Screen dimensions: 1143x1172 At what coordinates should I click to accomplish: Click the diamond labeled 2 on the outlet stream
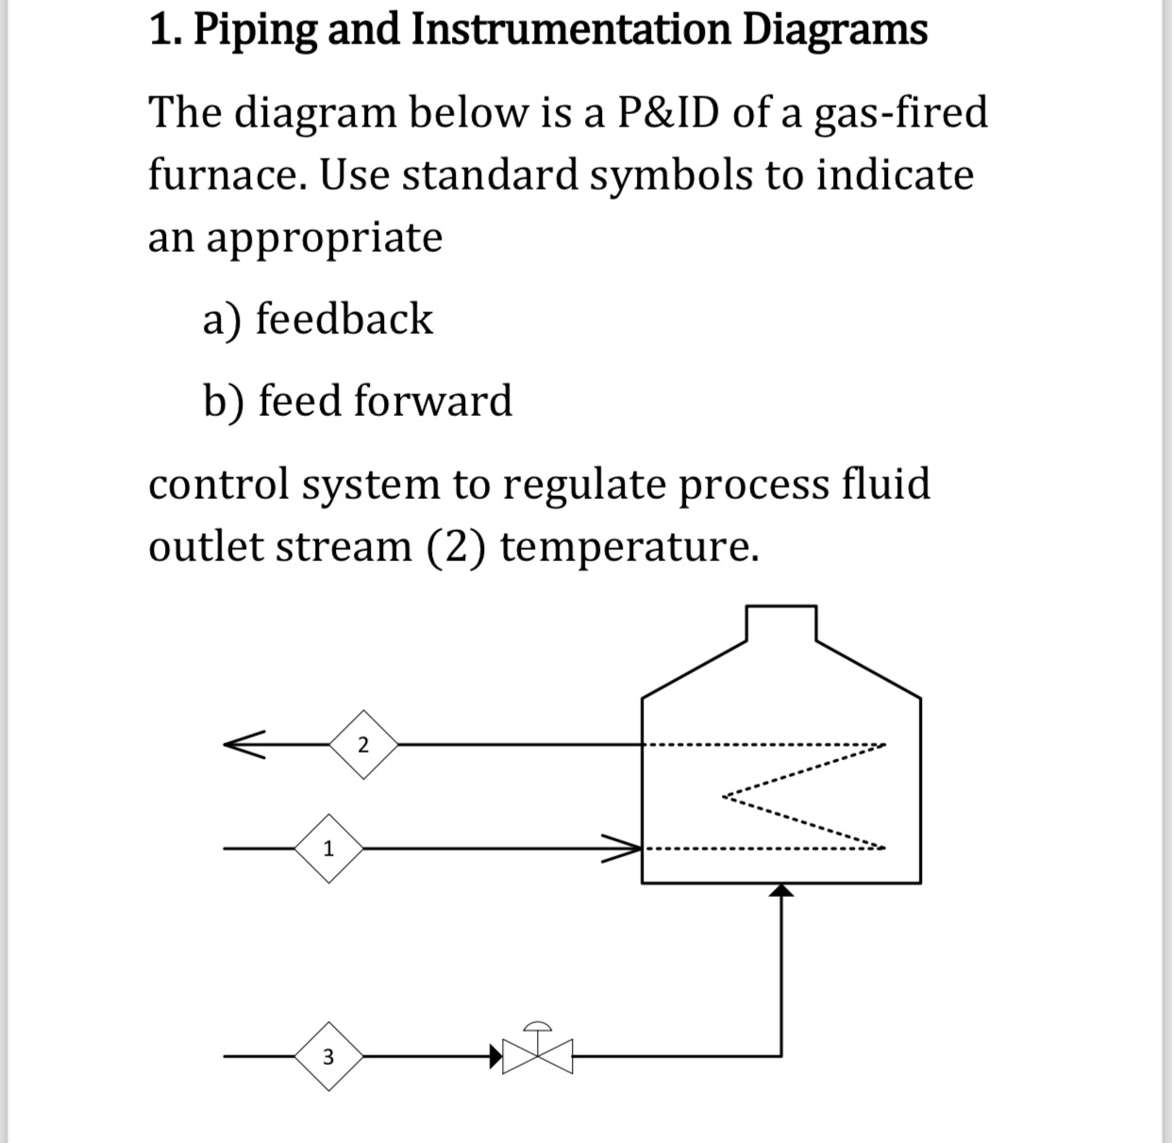[x=363, y=744]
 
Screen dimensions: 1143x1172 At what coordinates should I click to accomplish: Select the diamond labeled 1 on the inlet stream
[x=327, y=848]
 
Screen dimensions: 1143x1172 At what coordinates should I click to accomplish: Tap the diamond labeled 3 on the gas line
[x=327, y=1056]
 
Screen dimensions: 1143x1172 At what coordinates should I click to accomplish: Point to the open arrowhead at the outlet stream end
[x=243, y=744]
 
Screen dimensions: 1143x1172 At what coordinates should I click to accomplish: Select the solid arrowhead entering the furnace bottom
[x=780, y=891]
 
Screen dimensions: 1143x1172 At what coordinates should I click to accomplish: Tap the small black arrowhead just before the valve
[x=494, y=1056]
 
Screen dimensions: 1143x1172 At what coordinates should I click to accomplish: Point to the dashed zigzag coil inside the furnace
[x=802, y=797]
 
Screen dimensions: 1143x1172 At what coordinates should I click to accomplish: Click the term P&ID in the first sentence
[x=668, y=113]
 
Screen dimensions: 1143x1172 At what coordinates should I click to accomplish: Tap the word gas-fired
[x=900, y=113]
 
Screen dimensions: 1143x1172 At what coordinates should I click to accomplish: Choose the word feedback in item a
[x=344, y=319]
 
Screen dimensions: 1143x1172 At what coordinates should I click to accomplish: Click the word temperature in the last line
[x=629, y=547]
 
